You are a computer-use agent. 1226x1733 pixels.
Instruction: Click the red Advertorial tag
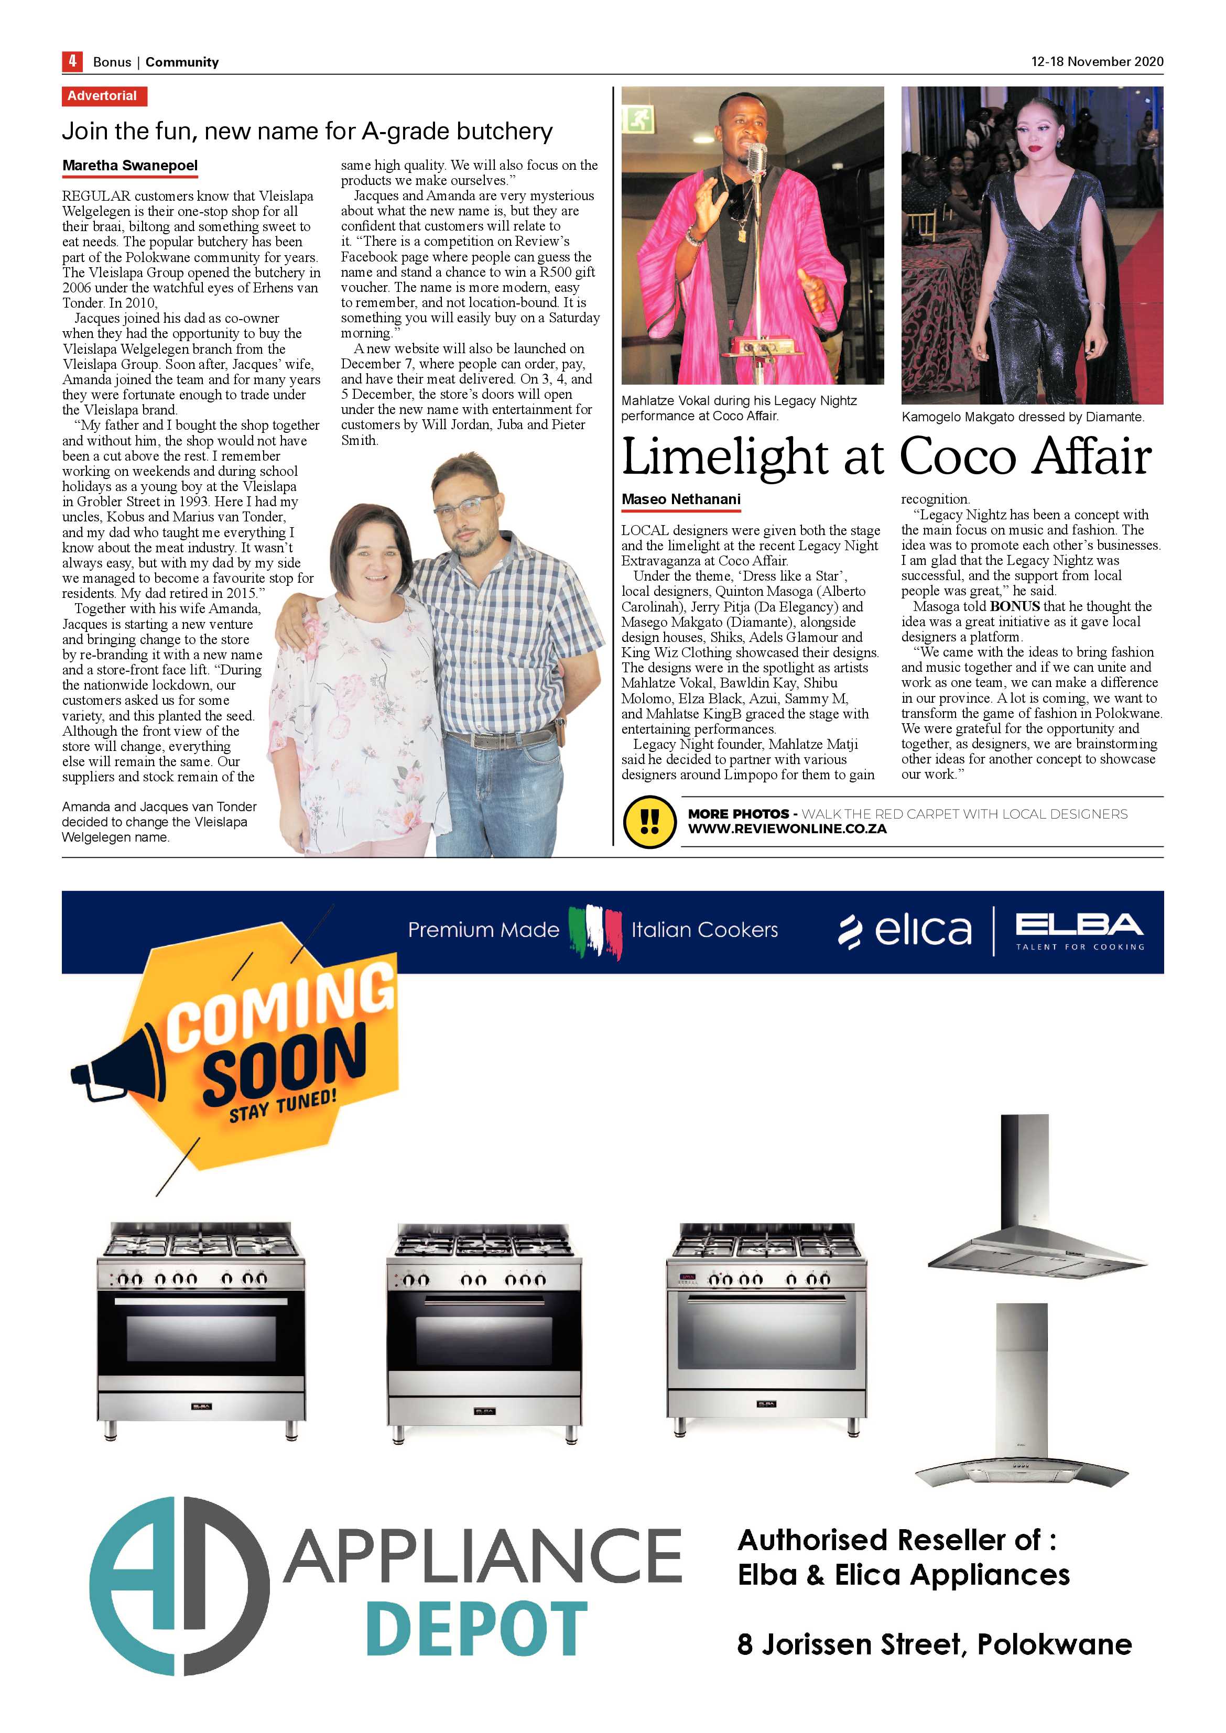click(103, 96)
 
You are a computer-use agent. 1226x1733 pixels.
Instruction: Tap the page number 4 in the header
click(72, 61)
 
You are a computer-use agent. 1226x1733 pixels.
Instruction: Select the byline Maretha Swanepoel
click(130, 165)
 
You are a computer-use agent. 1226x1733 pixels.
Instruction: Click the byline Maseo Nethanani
click(681, 499)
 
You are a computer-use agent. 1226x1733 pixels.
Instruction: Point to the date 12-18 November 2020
click(1097, 61)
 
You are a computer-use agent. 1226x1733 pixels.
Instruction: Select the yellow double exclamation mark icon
click(649, 821)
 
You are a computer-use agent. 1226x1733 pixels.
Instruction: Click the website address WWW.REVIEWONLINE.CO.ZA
click(787, 829)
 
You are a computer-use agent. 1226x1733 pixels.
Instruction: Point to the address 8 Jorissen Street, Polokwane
click(934, 1644)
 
